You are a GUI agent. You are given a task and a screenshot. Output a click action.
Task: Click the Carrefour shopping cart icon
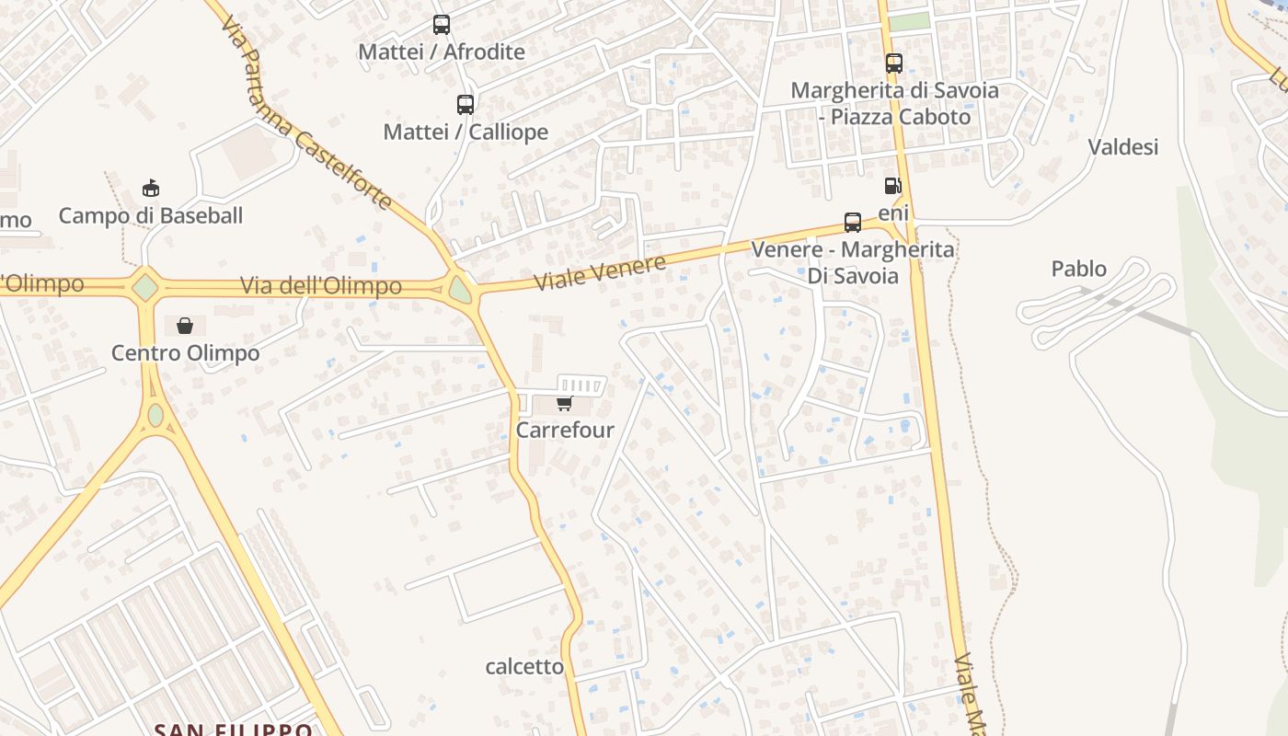tap(564, 404)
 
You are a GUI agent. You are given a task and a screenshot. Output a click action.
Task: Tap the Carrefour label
tap(565, 430)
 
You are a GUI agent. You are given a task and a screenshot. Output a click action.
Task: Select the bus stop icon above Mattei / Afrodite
tap(442, 25)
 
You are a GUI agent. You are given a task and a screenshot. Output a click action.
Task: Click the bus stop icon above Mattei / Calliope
tap(466, 105)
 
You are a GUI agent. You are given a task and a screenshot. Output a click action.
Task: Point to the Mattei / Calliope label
tap(466, 132)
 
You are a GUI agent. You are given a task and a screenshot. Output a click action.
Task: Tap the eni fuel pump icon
tap(891, 186)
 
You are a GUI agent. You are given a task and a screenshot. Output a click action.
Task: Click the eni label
tap(893, 213)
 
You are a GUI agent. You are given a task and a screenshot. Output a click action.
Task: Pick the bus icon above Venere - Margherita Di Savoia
tap(853, 223)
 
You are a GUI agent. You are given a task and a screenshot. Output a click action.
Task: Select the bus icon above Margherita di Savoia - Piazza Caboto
tap(894, 63)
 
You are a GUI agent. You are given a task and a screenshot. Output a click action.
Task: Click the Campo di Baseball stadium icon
tap(151, 190)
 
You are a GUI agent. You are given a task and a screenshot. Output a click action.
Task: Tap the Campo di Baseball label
tap(151, 215)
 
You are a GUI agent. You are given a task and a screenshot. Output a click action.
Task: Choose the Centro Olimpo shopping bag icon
tap(185, 326)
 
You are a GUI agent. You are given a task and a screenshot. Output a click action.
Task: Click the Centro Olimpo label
tap(186, 352)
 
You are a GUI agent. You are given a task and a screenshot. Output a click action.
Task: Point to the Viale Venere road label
tap(600, 273)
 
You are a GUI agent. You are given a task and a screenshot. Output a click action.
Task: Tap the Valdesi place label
tap(1122, 146)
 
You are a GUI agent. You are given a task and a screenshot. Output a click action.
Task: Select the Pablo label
tap(1078, 269)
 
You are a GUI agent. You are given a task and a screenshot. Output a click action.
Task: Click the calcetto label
tap(524, 666)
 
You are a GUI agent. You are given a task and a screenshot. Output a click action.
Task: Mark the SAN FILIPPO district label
tap(234, 730)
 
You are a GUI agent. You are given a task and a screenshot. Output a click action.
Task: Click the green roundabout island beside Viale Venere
tap(460, 291)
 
